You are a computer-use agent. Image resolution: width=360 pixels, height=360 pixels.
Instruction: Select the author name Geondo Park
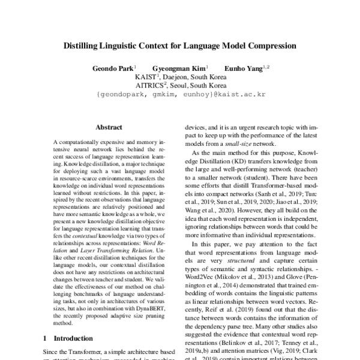[114, 68]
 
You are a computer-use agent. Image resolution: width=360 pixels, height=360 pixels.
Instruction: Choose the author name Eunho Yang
[242, 68]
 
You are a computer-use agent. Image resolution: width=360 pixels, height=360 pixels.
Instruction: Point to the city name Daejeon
[178, 77]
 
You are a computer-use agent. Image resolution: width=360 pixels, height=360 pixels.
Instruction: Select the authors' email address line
[179, 95]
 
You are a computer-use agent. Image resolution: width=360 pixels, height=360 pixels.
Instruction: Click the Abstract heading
[109, 127]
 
